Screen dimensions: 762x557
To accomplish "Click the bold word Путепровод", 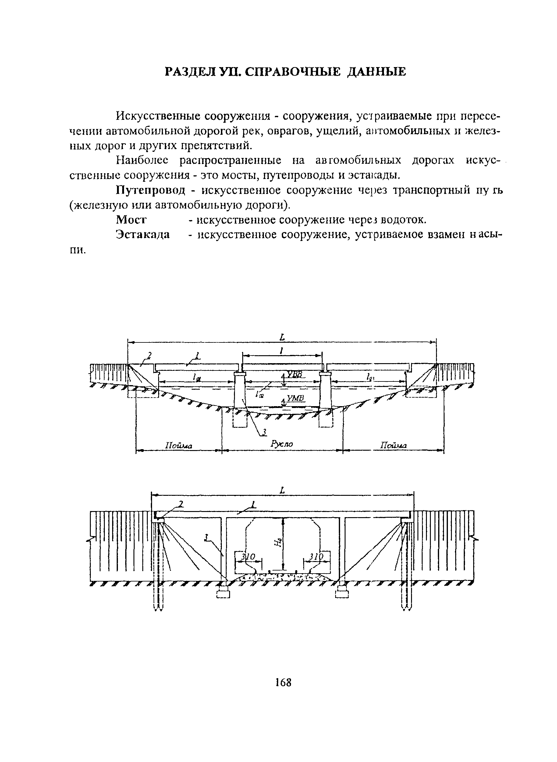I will coord(151,191).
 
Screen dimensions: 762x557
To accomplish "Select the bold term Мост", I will coord(131,220).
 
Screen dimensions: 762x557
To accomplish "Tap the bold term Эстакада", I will coord(143,234).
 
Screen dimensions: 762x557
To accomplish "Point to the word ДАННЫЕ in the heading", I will coord(377,72).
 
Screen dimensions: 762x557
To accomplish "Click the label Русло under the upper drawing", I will coord(282,444).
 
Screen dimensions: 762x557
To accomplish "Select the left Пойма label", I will coord(178,446).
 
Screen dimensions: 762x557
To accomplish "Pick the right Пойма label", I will coord(393,445).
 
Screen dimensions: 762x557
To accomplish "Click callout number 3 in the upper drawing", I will coord(265,432).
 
